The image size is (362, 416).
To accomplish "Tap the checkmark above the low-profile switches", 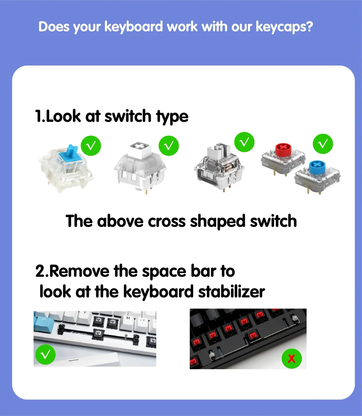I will (x=323, y=144).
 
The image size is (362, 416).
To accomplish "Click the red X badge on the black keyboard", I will (x=291, y=359).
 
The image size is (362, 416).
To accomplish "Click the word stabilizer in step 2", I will (x=232, y=292).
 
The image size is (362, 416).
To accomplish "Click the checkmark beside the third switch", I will (x=244, y=142).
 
